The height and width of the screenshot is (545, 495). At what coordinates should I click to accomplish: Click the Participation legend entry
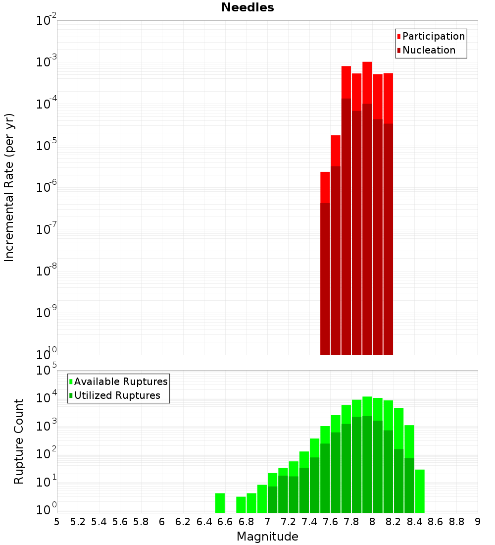(434, 36)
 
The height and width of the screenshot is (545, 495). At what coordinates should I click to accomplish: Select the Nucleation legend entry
(429, 50)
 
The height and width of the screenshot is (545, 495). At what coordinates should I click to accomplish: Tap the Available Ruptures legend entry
(121, 381)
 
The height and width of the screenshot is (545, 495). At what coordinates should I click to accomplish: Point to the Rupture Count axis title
(19, 441)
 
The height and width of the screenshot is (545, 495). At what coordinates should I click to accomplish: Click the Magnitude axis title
(267, 537)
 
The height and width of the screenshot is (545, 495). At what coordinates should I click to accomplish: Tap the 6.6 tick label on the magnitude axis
(225, 521)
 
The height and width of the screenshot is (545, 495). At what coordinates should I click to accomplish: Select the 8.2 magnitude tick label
(393, 521)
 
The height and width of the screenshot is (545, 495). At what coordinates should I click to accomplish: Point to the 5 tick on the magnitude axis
(57, 521)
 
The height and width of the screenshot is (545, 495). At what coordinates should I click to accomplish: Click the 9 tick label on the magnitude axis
(478, 521)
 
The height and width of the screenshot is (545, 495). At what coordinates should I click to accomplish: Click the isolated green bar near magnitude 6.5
(220, 503)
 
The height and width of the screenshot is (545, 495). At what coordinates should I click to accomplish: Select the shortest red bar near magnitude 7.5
(325, 263)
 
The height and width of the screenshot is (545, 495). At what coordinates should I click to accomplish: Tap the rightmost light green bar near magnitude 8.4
(420, 491)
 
